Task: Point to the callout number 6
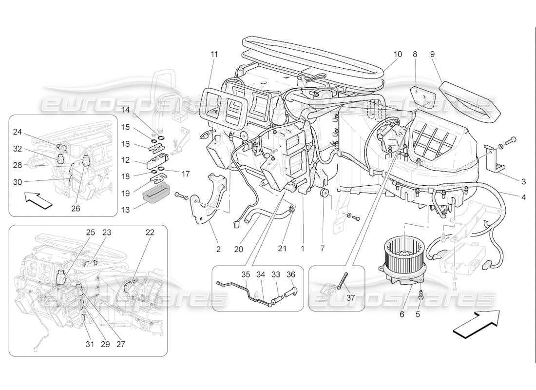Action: tap(402, 314)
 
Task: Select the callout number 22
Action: tap(150, 233)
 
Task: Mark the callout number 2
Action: tap(218, 249)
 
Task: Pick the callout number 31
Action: tap(89, 344)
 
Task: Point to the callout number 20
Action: tap(238, 249)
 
